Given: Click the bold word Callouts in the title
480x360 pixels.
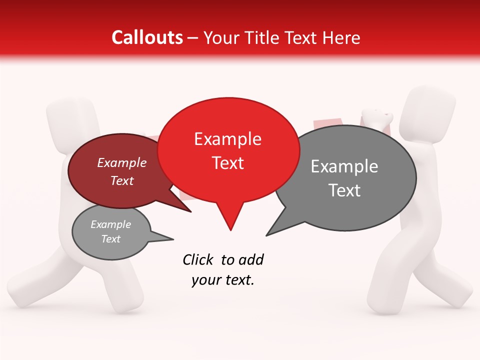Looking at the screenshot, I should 147,37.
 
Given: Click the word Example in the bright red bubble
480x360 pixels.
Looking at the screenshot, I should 227,139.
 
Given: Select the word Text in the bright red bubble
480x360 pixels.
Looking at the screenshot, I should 228,163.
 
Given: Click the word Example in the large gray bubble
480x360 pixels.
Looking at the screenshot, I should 344,166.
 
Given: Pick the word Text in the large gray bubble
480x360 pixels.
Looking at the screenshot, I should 344,190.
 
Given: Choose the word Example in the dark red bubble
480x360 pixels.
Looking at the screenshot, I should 122,163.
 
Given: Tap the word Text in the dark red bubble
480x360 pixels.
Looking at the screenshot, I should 122,180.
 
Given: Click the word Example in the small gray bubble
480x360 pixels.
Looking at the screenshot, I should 110,224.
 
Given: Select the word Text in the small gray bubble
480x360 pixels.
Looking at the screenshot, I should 110,239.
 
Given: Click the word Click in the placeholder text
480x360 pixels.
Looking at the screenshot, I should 198,260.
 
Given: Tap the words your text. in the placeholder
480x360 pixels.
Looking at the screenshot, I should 223,280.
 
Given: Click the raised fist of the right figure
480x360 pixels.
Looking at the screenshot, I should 379,118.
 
